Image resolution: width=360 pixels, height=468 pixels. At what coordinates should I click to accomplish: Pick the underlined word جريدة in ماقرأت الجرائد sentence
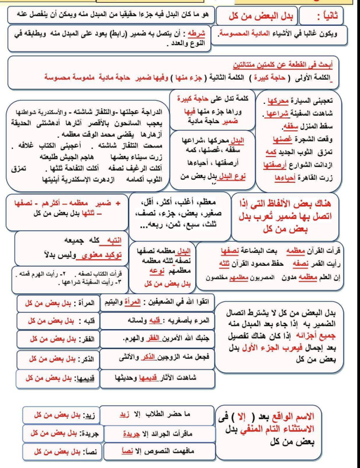coord(122,432)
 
